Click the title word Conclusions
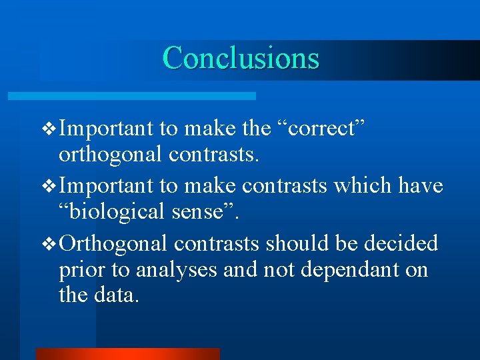coord(241,58)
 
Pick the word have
coord(421,185)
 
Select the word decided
coord(401,243)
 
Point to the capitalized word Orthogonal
coord(113,243)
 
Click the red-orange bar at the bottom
coord(127,354)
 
